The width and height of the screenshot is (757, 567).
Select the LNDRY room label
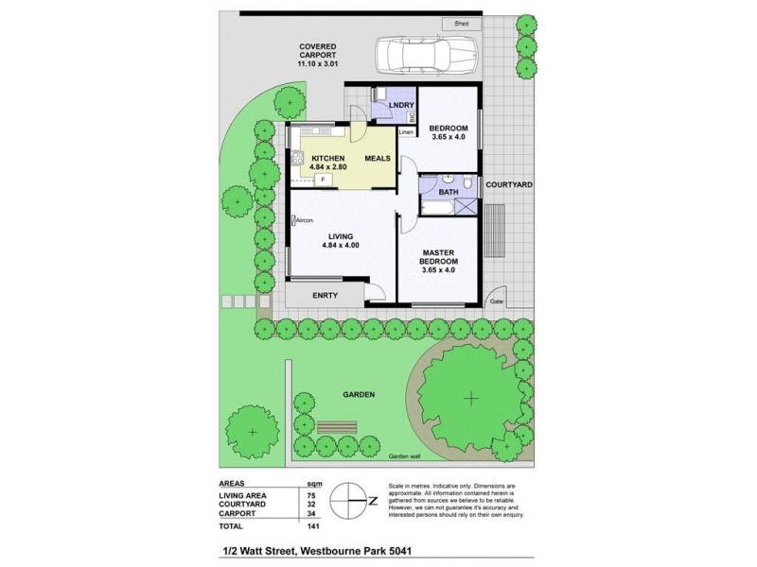[384, 105]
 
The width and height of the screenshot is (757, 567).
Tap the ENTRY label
[339, 295]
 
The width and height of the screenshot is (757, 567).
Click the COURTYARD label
[509, 186]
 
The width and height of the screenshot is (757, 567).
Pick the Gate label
[496, 302]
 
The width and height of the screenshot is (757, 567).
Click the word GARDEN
[361, 394]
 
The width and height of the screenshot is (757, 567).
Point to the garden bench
[336, 427]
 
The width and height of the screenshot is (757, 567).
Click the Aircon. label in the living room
[306, 220]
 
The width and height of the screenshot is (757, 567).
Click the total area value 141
[309, 525]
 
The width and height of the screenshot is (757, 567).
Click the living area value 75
[310, 492]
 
